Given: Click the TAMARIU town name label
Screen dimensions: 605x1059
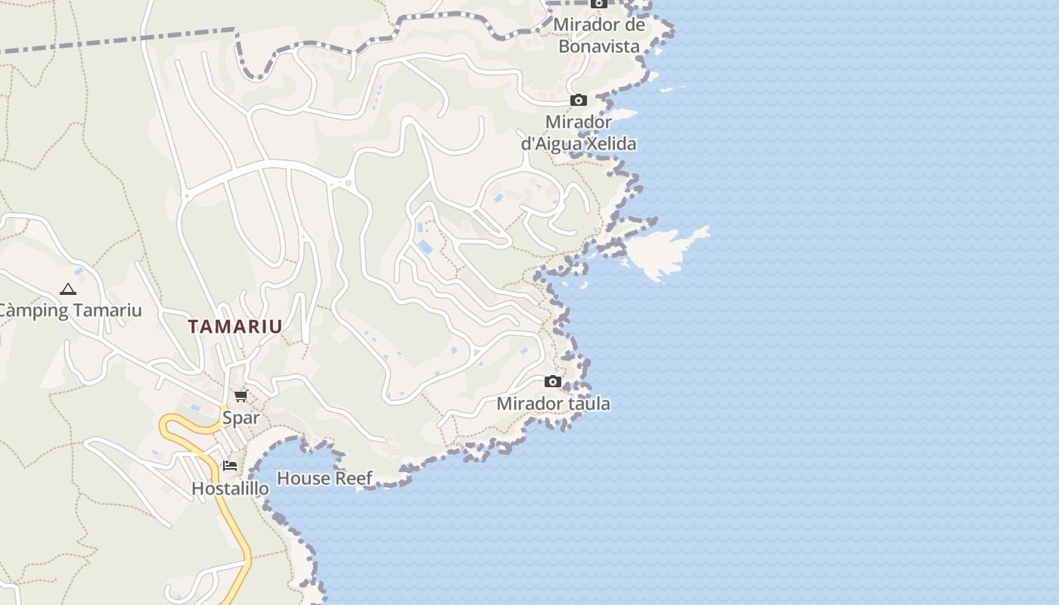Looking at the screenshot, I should (235, 327).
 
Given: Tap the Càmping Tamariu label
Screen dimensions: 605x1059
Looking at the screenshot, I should (69, 310).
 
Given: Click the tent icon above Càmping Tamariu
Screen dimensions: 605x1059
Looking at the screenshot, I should (68, 289).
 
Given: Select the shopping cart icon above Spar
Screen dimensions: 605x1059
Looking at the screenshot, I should (241, 396).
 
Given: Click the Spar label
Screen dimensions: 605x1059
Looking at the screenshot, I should (241, 417).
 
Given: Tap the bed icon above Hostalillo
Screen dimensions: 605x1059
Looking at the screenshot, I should (230, 466).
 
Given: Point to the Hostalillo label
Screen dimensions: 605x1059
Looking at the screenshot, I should (230, 489).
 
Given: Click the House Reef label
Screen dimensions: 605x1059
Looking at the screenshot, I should (325, 478).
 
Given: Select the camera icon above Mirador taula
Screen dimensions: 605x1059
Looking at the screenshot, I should (553, 381).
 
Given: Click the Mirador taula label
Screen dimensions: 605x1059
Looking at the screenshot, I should (553, 404).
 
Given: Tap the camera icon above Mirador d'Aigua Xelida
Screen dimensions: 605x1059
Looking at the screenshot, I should (578, 100).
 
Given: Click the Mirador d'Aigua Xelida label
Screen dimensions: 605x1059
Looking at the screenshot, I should (579, 132).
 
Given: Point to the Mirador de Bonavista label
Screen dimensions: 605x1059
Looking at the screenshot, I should (599, 35).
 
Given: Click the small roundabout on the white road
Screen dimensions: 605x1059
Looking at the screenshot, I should (347, 183).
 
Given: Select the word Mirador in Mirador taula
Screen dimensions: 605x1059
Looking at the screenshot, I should (524, 404).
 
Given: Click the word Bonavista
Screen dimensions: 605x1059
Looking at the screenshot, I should (599, 46).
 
